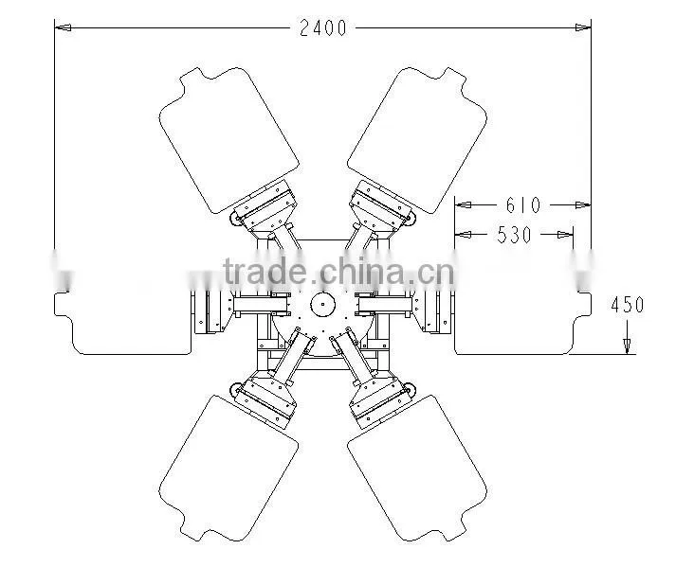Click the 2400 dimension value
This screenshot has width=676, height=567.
(323, 28)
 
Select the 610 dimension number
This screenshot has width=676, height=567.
(523, 205)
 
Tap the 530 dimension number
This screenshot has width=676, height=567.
(514, 235)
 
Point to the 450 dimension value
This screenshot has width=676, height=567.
(628, 305)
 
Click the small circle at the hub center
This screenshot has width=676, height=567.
(322, 304)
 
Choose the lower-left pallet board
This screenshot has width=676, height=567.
(228, 469)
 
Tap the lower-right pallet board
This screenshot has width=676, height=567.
(417, 469)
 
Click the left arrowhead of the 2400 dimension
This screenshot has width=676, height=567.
(63, 28)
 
